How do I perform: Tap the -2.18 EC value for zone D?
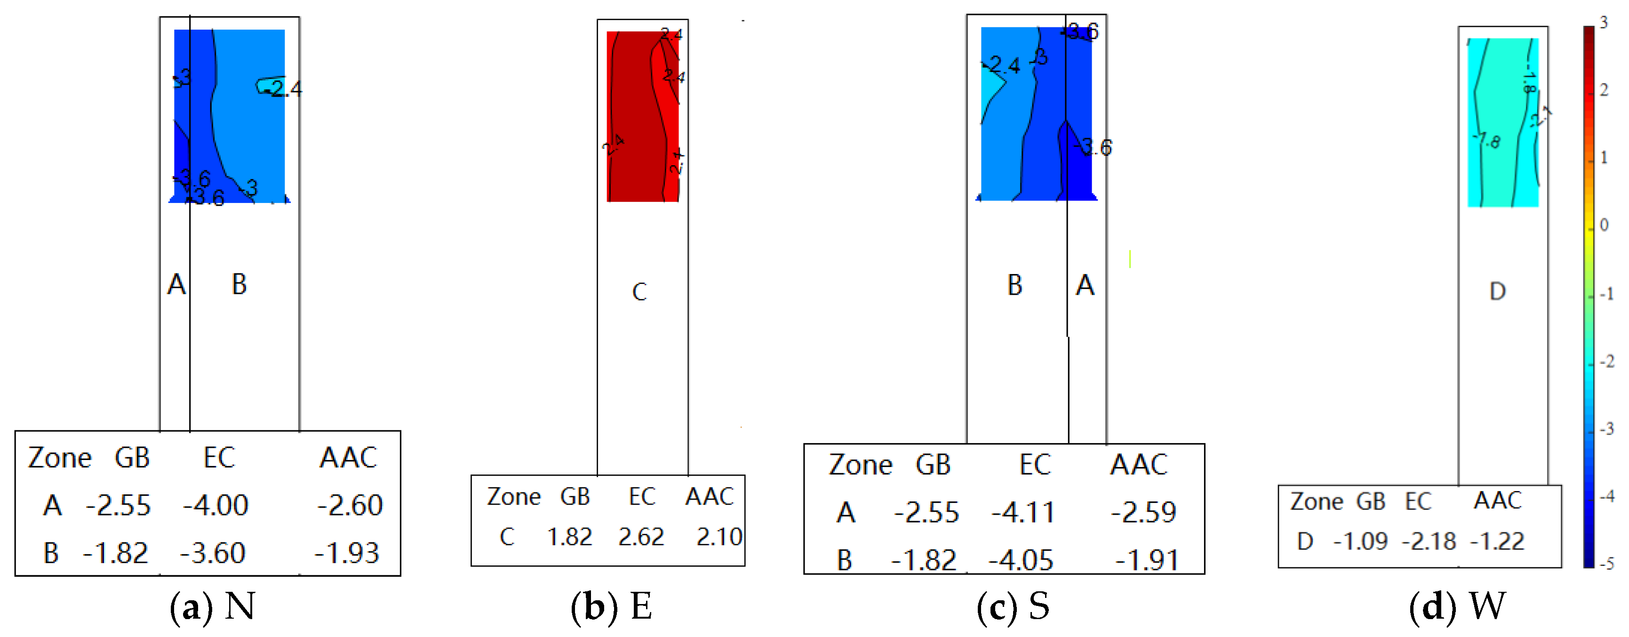click(x=1429, y=541)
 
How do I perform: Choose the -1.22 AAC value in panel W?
click(x=1497, y=541)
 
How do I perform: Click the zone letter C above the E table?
click(x=639, y=291)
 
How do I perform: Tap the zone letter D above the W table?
click(x=1497, y=291)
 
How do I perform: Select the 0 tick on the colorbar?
click(x=1604, y=225)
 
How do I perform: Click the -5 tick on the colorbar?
click(x=1606, y=563)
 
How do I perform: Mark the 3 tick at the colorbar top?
click(x=1603, y=23)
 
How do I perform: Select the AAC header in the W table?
click(x=1497, y=500)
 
